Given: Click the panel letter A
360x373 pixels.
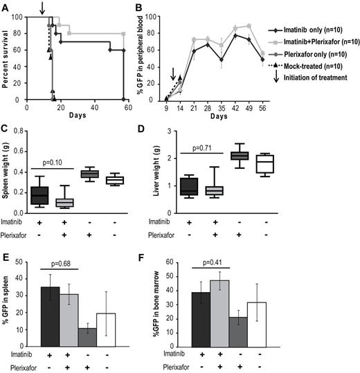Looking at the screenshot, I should point(6,6).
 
